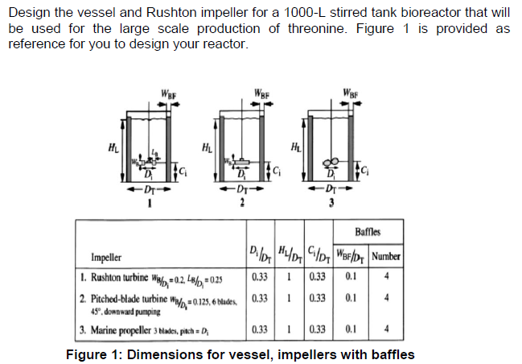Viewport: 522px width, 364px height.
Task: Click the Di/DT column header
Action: pyautogui.click(x=257, y=256)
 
